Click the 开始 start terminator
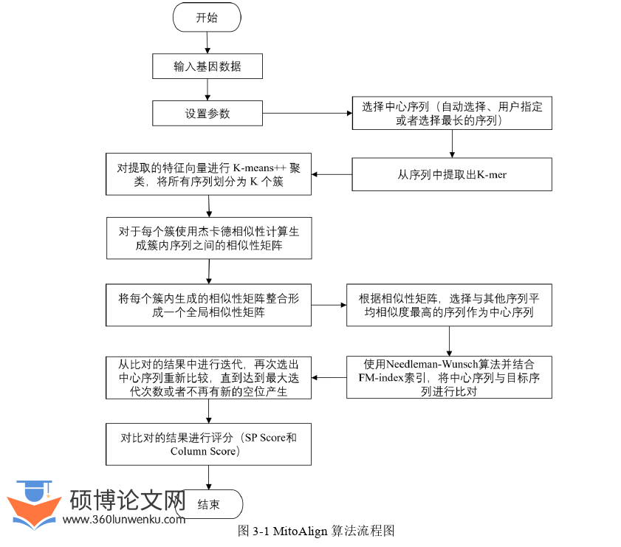tap(207, 18)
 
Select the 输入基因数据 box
tap(207, 67)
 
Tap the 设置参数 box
tap(207, 114)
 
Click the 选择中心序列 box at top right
tap(452, 113)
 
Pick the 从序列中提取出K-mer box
tap(451, 175)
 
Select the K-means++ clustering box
tap(208, 174)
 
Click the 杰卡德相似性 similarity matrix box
tap(208, 238)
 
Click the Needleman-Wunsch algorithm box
tap(449, 377)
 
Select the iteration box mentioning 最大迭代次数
tap(208, 377)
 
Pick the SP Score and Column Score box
tap(208, 444)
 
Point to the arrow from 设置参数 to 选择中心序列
tap(305, 114)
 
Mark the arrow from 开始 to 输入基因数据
tap(207, 44)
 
